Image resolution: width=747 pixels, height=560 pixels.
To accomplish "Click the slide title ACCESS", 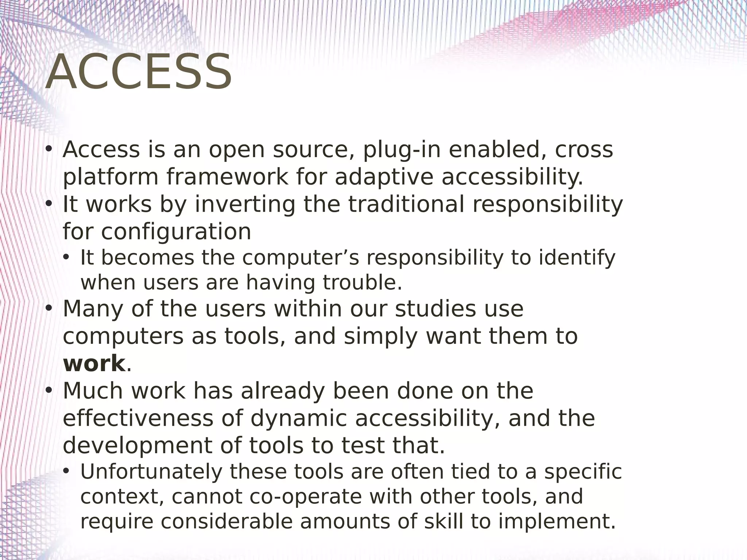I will [139, 72].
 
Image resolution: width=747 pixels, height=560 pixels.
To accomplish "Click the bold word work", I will [94, 363].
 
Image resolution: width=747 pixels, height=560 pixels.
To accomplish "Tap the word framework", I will [227, 177].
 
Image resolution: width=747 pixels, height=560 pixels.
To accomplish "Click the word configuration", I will [176, 232].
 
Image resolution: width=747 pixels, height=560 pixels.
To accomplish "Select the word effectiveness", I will [138, 418].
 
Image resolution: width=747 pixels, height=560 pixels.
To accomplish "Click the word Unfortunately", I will [151, 472].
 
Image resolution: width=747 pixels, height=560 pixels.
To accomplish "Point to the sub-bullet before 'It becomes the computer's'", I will [66, 258].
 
